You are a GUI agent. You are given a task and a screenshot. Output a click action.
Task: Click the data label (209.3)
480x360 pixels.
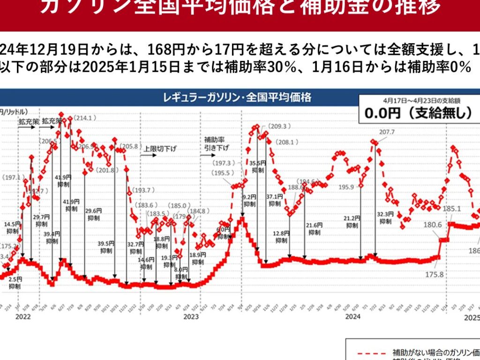(281, 126)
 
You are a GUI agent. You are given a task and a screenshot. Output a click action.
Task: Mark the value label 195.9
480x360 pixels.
(346, 187)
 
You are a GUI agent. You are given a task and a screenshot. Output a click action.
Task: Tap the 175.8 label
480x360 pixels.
(435, 274)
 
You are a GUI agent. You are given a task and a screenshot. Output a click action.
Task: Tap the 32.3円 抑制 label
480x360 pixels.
(385, 217)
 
